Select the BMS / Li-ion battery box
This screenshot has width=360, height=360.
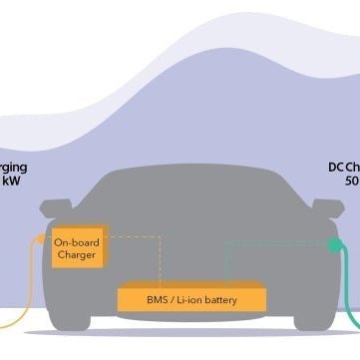pos(192,297)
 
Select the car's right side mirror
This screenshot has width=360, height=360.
pos(327,208)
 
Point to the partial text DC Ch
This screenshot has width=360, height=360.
pos(344,167)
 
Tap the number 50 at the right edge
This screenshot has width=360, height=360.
pos(351,182)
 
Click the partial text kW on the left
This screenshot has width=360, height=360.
pos(11,182)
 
